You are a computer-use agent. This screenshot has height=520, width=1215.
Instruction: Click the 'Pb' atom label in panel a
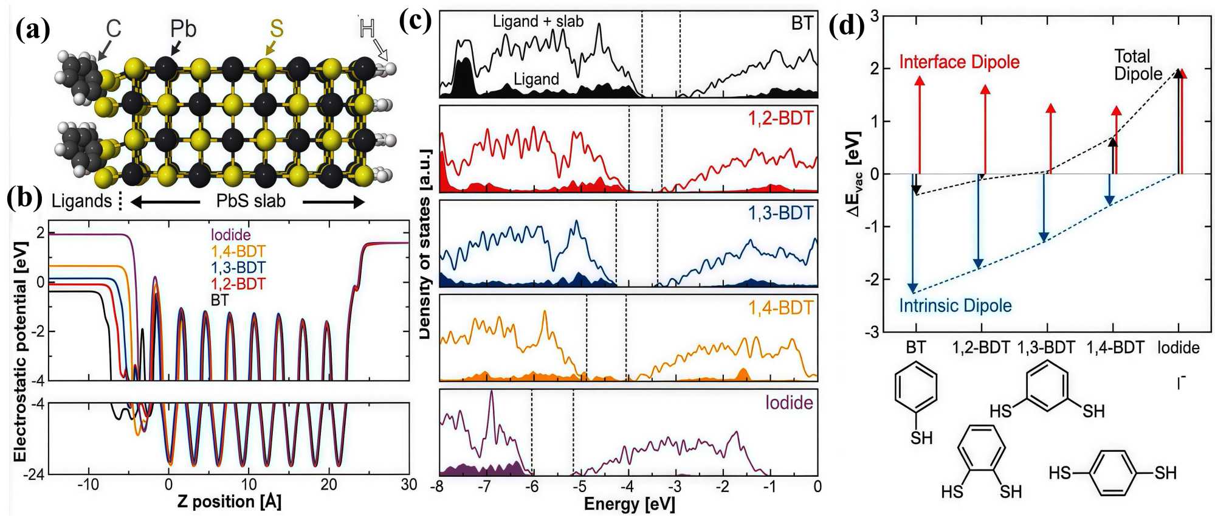pyautogui.click(x=183, y=28)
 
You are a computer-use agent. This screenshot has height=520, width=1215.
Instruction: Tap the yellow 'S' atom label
pyautogui.click(x=277, y=28)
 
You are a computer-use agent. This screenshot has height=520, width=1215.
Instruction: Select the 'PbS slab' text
pyautogui.click(x=250, y=201)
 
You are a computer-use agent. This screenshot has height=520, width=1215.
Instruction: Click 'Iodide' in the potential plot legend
pyautogui.click(x=230, y=235)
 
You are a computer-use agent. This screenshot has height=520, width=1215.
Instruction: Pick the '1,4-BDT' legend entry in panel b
pyautogui.click(x=238, y=251)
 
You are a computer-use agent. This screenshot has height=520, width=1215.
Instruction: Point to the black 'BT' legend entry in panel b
pyautogui.click(x=219, y=300)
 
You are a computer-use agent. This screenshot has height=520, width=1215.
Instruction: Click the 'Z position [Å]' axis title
pyautogui.click(x=229, y=502)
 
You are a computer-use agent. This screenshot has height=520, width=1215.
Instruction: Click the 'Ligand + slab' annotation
pyautogui.click(x=538, y=21)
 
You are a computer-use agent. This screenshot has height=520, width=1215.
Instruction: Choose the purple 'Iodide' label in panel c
pyautogui.click(x=789, y=403)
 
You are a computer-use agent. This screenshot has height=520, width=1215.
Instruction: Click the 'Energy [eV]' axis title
pyautogui.click(x=629, y=504)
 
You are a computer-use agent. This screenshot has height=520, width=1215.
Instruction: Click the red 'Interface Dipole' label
pyautogui.click(x=959, y=62)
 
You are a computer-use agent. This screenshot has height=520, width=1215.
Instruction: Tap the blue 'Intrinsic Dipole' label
pyautogui.click(x=955, y=305)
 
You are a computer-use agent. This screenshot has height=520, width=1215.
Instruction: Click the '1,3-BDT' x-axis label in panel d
pyautogui.click(x=1046, y=347)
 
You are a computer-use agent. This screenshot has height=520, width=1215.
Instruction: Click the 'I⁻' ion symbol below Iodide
pyautogui.click(x=1180, y=383)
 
